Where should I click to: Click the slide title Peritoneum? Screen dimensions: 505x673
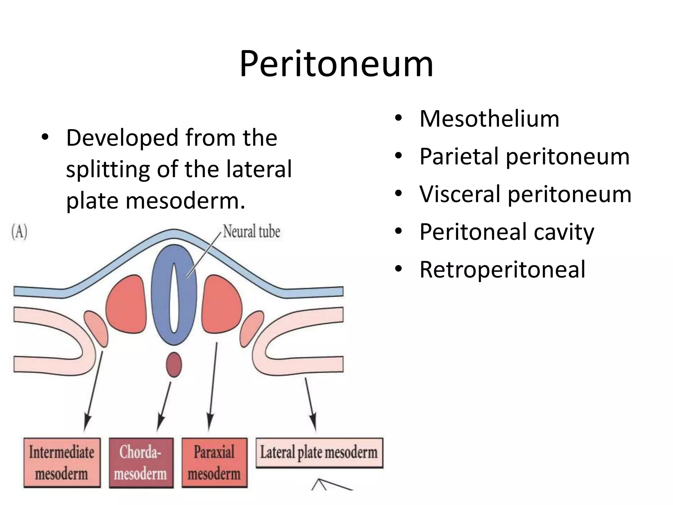click(336, 64)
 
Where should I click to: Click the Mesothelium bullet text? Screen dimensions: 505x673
click(489, 119)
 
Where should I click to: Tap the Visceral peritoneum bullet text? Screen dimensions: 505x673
click(525, 194)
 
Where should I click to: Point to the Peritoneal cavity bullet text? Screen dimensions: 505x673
click(507, 232)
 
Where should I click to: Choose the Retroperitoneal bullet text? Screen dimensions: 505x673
click(502, 269)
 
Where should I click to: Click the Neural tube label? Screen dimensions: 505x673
click(252, 231)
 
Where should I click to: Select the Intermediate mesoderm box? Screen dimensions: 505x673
click(62, 462)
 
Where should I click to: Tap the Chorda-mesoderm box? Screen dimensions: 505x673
click(141, 462)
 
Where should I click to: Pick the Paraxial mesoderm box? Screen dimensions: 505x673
click(214, 462)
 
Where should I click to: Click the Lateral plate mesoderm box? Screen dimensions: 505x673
click(319, 452)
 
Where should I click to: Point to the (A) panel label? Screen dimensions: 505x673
click(19, 232)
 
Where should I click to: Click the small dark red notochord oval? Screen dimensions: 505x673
click(174, 365)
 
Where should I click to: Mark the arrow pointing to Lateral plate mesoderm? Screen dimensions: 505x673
click(311, 404)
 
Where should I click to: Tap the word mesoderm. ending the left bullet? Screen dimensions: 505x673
click(185, 201)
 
